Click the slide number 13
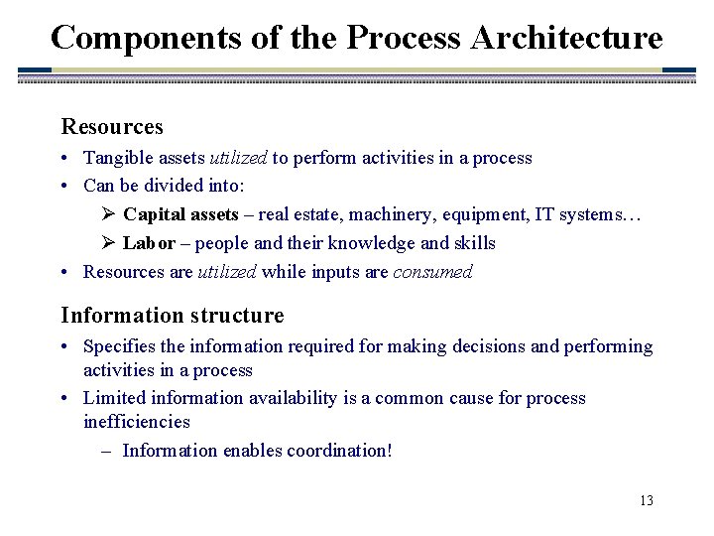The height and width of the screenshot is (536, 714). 647,500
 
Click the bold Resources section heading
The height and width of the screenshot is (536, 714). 112,127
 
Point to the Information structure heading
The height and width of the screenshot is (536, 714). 173,316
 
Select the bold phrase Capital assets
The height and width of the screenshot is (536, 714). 181,214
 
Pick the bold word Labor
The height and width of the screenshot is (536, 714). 150,243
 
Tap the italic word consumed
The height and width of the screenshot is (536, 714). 433,272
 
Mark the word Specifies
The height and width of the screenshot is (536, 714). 119,346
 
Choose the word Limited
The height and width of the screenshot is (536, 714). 114,398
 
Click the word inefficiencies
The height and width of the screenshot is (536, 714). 137,422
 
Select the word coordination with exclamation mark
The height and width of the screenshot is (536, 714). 339,451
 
